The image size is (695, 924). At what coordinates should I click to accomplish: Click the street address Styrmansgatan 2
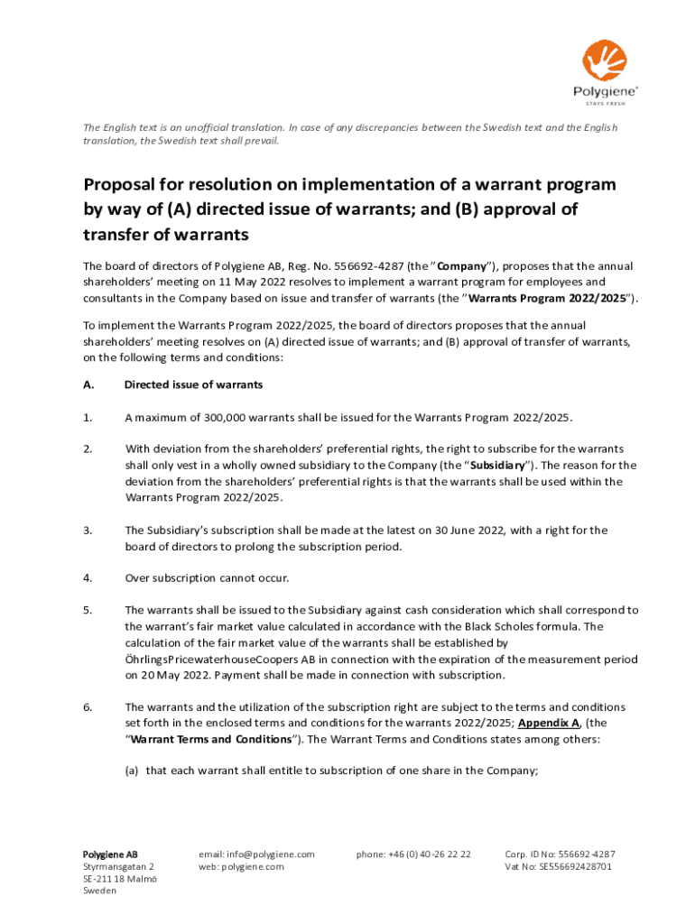point(112,866)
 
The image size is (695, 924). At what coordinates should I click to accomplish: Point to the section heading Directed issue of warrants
point(193,384)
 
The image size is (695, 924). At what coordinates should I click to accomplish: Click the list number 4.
point(88,577)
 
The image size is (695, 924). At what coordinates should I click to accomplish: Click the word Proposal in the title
point(123,185)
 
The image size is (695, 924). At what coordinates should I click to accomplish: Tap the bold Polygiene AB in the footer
point(110,854)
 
